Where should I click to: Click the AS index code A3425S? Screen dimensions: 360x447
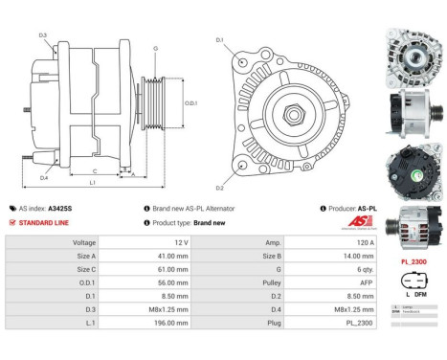pos(59,208)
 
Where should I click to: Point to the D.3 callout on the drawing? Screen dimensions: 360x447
pos(44,35)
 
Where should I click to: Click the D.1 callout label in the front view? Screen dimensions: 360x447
pos(219,40)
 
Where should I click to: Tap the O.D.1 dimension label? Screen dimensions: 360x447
pos(190,102)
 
